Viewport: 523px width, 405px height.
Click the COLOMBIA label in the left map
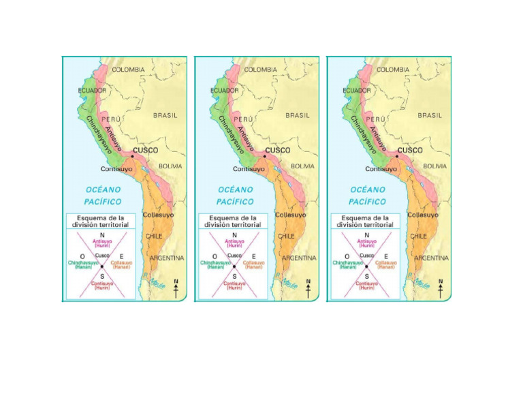click(x=129, y=70)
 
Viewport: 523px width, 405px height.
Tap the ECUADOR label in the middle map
click(x=224, y=90)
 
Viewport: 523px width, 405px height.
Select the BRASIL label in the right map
click(x=430, y=115)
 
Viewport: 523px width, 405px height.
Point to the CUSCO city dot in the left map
click(x=132, y=156)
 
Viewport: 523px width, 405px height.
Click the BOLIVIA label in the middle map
click(x=303, y=166)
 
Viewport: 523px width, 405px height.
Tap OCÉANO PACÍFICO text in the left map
click(x=103, y=196)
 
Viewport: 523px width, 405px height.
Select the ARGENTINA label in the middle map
click(x=299, y=258)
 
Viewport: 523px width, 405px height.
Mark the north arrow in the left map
click(x=176, y=289)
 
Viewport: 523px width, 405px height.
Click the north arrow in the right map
click(x=441, y=289)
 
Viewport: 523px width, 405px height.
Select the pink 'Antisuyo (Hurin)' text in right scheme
click(x=366, y=243)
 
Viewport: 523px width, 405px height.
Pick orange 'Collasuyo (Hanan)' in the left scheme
click(x=121, y=265)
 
